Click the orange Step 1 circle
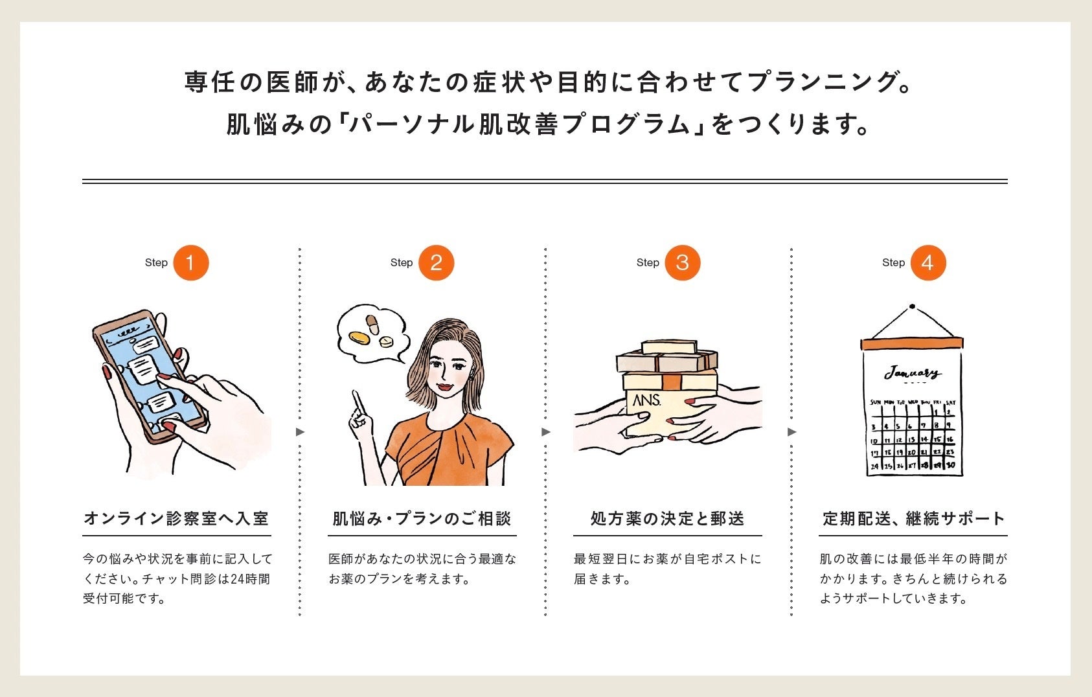tap(191, 263)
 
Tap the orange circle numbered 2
tap(437, 263)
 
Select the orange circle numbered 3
tap(683, 263)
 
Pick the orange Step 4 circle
tap(928, 263)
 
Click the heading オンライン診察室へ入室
tap(176, 519)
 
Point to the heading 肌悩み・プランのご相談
tap(422, 519)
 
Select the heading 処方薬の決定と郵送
tap(667, 519)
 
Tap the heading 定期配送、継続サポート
tap(914, 519)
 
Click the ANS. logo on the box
tap(646, 400)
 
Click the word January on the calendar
tap(913, 373)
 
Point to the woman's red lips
tap(445, 387)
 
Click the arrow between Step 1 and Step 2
tap(301, 432)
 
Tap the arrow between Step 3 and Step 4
tap(791, 432)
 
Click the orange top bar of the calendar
tap(912, 343)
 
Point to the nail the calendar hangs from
tap(912, 306)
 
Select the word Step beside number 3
tap(648, 263)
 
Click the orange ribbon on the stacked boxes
tap(671, 381)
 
